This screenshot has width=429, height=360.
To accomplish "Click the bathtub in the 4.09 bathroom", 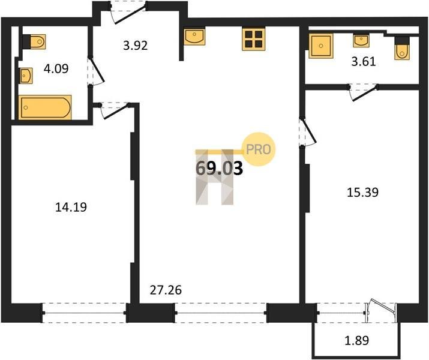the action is click(x=45, y=107).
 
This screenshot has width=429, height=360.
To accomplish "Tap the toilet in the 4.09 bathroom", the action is click(x=34, y=41).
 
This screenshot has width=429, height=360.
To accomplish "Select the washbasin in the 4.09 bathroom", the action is click(x=26, y=76).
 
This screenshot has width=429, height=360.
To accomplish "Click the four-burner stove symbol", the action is click(x=253, y=40).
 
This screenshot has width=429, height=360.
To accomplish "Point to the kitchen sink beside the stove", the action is click(x=194, y=37).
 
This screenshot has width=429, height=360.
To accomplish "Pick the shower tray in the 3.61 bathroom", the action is click(x=321, y=46).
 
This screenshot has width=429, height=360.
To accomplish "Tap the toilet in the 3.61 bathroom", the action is click(x=402, y=49).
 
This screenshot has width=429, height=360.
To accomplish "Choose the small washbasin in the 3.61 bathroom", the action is click(x=361, y=40).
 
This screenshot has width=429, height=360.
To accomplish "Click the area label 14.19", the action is click(x=71, y=207).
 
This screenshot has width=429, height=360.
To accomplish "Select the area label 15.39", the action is click(x=362, y=193).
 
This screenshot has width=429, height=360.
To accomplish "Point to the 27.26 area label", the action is click(x=166, y=290).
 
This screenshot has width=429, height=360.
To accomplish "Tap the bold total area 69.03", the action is click(x=220, y=168).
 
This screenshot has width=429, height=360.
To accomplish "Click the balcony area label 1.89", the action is click(x=357, y=341).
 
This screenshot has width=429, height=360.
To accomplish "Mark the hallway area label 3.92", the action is click(x=136, y=46).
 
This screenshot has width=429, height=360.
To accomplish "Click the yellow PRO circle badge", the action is click(x=259, y=149).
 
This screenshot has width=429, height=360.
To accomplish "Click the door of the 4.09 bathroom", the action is click(x=96, y=71).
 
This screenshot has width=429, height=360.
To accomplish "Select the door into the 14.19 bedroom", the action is click(x=115, y=110).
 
